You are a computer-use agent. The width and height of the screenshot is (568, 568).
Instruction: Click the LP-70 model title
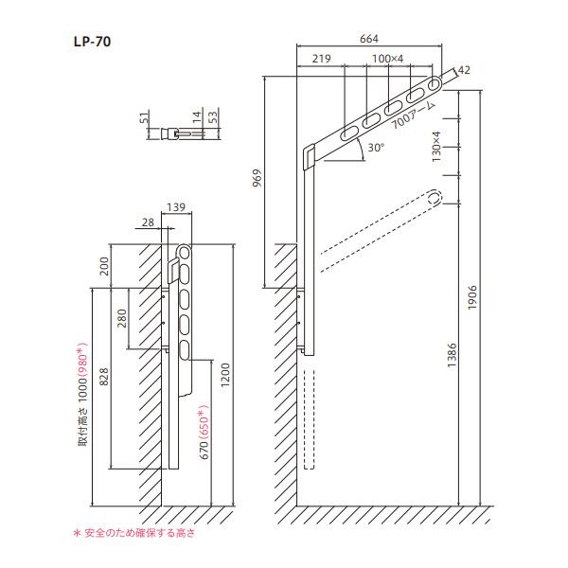tap(92, 42)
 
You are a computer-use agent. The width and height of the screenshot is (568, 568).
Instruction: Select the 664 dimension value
tap(369, 39)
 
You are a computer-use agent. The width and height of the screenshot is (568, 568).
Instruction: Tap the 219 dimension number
tap(321, 59)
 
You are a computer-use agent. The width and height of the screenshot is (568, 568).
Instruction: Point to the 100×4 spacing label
tap(387, 59)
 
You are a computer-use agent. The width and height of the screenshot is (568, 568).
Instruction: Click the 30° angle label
tap(376, 148)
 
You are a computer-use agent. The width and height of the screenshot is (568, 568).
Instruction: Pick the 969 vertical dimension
tap(257, 178)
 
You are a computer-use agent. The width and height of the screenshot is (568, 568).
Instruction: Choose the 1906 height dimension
tap(472, 297)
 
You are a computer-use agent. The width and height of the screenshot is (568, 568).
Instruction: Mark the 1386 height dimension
tap(452, 355)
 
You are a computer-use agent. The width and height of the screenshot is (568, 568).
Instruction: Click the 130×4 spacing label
tap(436, 147)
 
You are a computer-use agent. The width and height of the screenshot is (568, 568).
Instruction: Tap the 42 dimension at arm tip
tap(464, 70)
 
